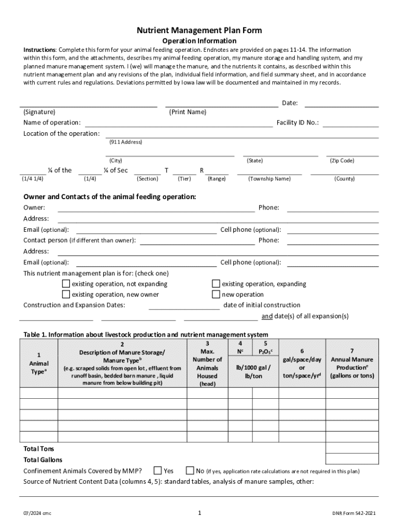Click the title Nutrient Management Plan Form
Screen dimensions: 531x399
click(x=199, y=31)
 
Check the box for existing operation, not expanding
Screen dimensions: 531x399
click(x=66, y=284)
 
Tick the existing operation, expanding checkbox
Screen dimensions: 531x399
click(x=216, y=284)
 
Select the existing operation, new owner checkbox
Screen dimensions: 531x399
click(x=66, y=295)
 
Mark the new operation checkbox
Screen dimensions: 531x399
click(x=216, y=295)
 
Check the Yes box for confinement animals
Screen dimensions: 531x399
click(x=158, y=471)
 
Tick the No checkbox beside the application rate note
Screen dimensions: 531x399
click(x=190, y=471)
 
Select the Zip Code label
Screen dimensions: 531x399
click(x=342, y=161)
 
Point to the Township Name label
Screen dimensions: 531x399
click(x=269, y=179)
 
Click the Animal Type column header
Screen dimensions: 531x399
click(x=39, y=364)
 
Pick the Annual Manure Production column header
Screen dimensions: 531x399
click(x=352, y=363)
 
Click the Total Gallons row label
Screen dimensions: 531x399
click(x=43, y=460)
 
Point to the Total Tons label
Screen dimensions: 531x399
click(x=39, y=449)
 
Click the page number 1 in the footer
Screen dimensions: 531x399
click(x=199, y=513)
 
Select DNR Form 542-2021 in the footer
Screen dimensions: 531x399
click(x=354, y=513)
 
